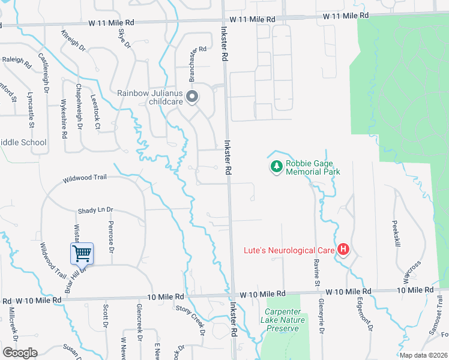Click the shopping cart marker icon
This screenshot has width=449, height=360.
(x=82, y=253)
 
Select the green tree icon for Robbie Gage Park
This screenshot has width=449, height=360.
(x=276, y=166)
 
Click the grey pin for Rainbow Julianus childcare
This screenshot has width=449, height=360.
(x=192, y=97)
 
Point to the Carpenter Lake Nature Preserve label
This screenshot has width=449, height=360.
(x=285, y=320)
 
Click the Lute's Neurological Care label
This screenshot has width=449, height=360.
(x=289, y=250)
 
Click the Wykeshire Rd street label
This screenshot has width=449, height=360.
(x=64, y=119)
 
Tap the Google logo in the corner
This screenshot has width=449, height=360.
(x=20, y=353)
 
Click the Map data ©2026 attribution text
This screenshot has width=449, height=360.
(x=424, y=355)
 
